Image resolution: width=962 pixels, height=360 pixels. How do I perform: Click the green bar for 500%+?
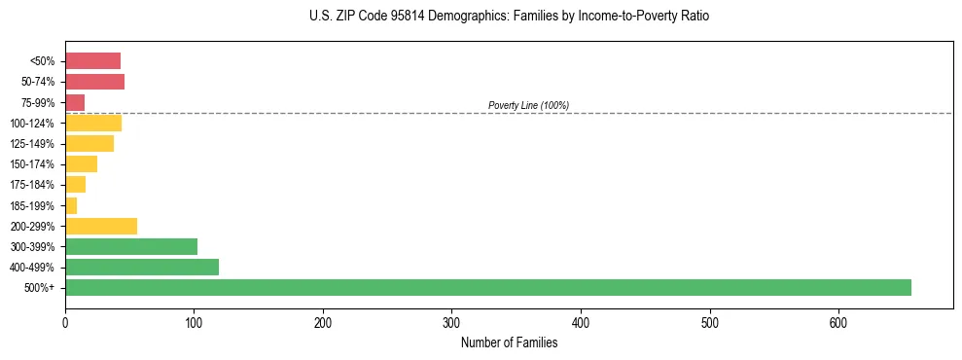486,287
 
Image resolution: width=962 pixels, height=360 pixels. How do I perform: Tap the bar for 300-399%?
131,246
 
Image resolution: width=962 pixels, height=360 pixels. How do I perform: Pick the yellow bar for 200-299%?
101,226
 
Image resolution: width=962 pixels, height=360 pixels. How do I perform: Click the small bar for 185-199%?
71,205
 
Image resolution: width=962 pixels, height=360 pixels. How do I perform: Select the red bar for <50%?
92,61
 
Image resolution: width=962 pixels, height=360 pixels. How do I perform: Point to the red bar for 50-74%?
94,82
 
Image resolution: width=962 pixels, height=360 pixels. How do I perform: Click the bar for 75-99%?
75,102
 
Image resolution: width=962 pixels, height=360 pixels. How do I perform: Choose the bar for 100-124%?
93,123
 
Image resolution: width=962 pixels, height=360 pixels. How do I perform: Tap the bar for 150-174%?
81,163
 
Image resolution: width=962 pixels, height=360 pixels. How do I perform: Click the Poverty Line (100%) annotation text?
528,105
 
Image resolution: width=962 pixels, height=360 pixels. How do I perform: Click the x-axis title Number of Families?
509,342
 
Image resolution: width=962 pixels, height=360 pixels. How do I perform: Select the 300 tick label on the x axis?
451,322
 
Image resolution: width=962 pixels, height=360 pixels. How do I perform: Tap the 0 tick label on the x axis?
65,322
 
